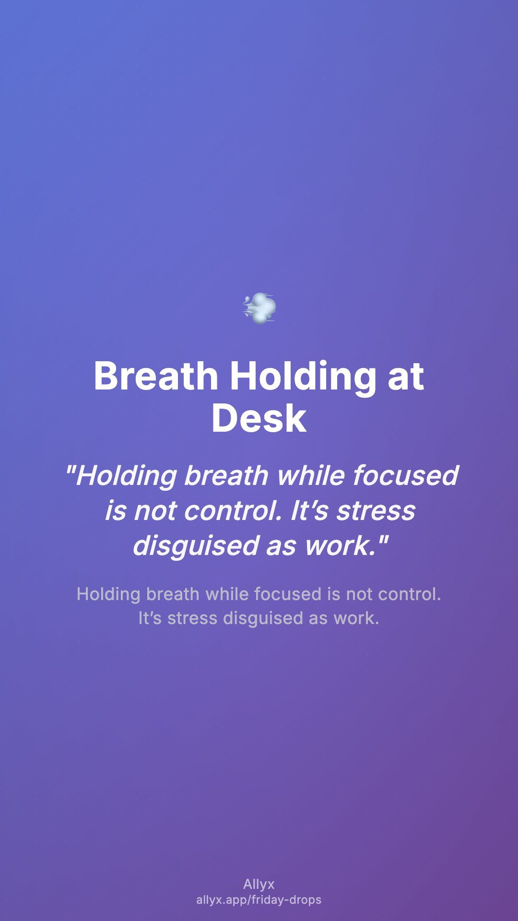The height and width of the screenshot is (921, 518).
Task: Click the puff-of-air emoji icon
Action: click(x=259, y=308)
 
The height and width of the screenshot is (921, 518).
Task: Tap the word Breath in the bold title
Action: click(x=156, y=376)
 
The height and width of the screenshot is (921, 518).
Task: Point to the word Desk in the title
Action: click(x=259, y=418)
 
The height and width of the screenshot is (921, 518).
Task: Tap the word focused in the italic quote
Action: click(x=406, y=475)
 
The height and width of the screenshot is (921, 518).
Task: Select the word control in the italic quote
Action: click(x=232, y=510)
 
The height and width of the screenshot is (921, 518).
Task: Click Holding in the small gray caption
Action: click(x=108, y=595)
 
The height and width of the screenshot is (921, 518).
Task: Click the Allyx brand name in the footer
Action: click(x=259, y=884)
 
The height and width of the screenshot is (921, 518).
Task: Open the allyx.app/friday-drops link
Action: click(x=259, y=900)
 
